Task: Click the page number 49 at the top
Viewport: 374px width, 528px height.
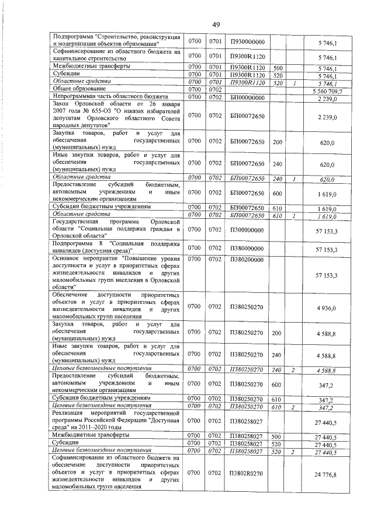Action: pos(216,24)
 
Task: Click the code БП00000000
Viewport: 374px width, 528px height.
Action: pos(247,99)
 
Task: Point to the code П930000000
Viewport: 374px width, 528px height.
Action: pos(247,43)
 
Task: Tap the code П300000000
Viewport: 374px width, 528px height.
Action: pos(247,232)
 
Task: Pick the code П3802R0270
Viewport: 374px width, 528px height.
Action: pos(247,476)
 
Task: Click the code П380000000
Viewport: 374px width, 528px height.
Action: pos(247,249)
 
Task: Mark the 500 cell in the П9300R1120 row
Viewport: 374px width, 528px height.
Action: pos(278,68)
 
